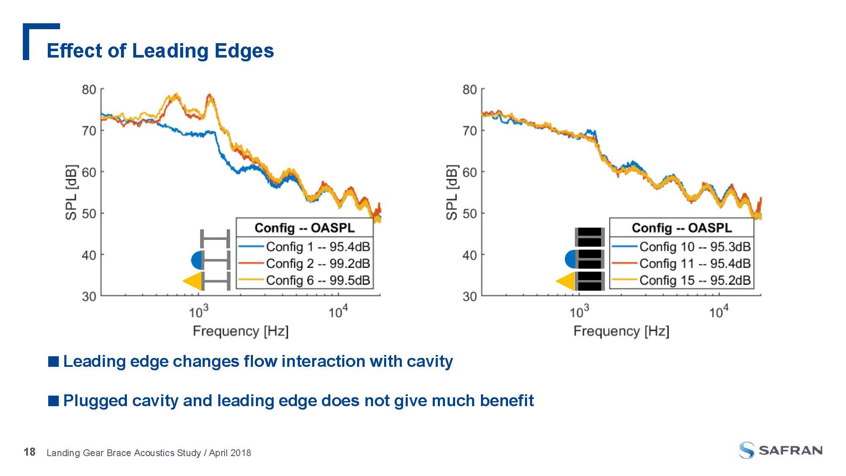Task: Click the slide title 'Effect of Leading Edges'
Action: tap(160, 51)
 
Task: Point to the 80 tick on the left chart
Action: tap(89, 90)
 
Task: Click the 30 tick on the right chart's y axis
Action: tap(470, 296)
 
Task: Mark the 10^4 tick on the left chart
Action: tap(338, 312)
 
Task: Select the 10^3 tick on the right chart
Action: tap(579, 312)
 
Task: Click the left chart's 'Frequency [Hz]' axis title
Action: tap(241, 331)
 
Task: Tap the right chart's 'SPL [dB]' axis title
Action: tap(452, 193)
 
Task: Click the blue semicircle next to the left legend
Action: tap(197, 260)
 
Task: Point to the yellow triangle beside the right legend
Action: tap(566, 281)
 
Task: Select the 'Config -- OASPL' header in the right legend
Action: tap(681, 228)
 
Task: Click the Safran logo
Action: tap(780, 450)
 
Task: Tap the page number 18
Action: tap(30, 452)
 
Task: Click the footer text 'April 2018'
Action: tap(230, 453)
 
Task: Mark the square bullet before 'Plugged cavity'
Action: tap(54, 401)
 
